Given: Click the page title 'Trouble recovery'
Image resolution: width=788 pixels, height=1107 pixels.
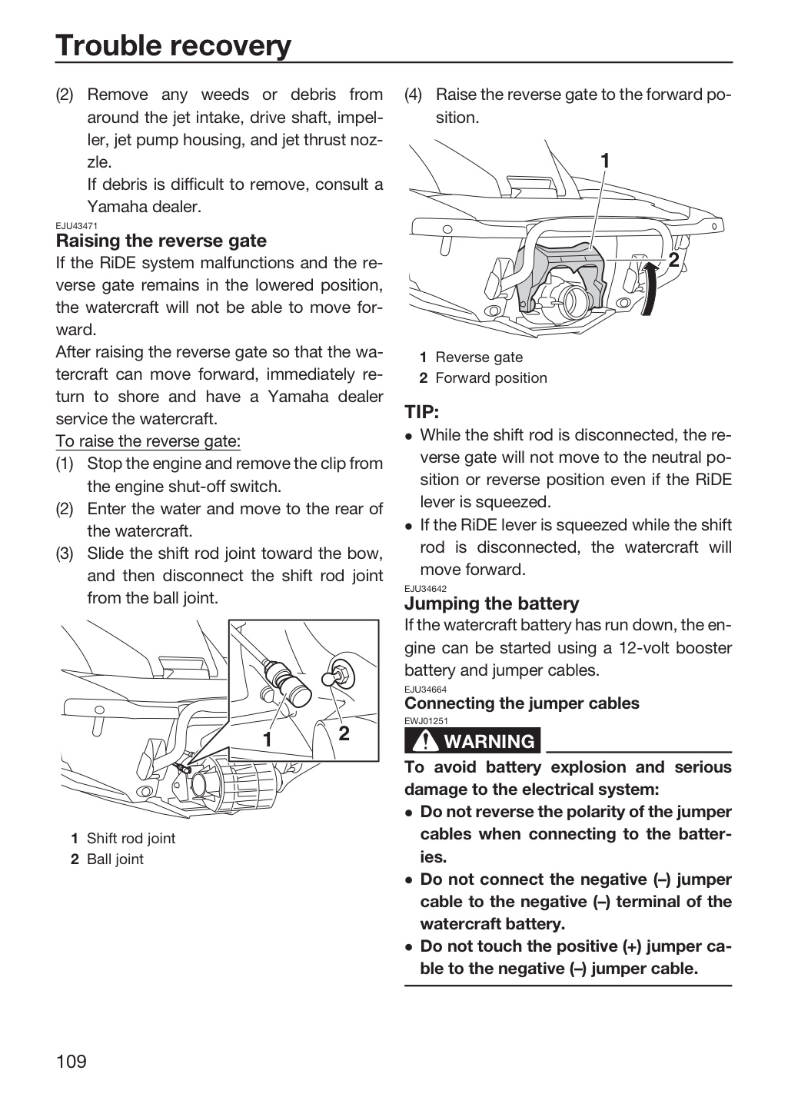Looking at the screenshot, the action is tap(173, 45).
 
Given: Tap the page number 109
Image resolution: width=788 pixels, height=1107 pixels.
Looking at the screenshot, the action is tap(71, 1061).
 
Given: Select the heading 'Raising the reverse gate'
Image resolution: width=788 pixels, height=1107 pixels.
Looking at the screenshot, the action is tap(161, 241).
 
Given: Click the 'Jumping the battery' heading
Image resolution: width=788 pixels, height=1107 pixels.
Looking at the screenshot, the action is tap(491, 603).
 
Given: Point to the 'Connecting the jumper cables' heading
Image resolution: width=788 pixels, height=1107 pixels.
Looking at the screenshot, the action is tap(521, 703).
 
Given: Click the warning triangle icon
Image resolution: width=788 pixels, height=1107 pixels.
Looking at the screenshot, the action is tap(424, 740).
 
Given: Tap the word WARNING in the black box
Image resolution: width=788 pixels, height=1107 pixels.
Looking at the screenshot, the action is tap(490, 741).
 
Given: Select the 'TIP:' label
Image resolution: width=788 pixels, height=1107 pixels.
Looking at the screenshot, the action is tap(422, 412).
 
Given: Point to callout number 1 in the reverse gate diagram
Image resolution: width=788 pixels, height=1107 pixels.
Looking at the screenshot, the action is tap(604, 161).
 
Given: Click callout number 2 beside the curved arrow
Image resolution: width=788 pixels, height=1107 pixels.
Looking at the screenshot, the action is tap(673, 259).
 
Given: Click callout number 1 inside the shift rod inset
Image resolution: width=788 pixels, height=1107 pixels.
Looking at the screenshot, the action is tap(268, 740).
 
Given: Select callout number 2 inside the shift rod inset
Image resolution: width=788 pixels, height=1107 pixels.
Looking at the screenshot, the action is tap(344, 733).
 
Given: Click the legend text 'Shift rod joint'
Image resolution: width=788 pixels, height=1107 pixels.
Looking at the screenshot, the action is tap(131, 838).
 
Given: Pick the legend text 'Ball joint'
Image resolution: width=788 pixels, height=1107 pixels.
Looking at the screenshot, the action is tap(115, 859).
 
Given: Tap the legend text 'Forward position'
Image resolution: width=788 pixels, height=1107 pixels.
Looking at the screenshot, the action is tap(491, 378).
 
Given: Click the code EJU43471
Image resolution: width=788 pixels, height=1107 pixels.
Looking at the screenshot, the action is tap(77, 226).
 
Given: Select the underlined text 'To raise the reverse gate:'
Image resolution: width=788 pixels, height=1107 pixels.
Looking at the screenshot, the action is tap(148, 440).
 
